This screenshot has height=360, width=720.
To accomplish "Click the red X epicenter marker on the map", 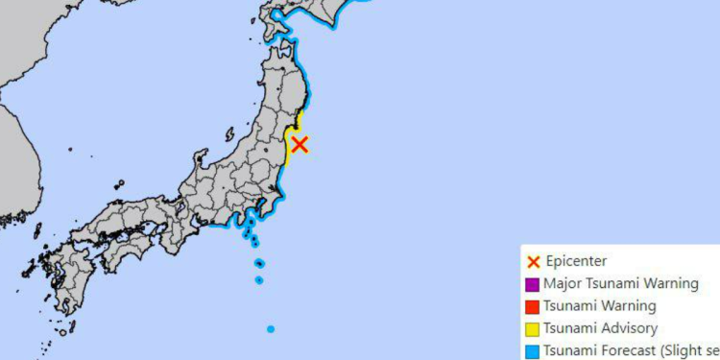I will [x=300, y=144].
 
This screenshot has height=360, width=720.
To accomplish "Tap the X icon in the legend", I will [x=532, y=261].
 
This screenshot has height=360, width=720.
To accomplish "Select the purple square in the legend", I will [x=532, y=284].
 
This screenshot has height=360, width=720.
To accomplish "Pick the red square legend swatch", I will [x=532, y=307].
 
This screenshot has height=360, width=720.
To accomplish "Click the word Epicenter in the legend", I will [x=576, y=261].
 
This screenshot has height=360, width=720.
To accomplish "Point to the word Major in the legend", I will [x=562, y=283].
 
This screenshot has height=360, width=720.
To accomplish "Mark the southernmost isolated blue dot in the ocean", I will [x=271, y=329].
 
